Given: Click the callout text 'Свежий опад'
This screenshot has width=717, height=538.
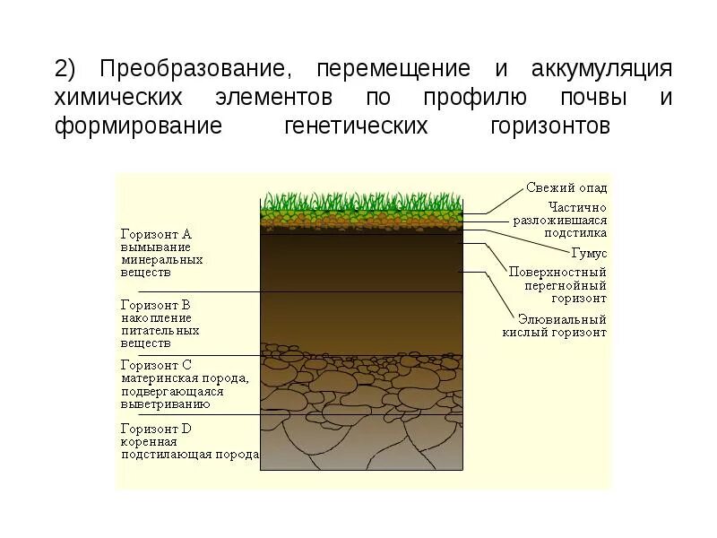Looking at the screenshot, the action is point(566,187).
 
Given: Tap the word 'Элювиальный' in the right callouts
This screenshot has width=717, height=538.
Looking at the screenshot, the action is point(562,319).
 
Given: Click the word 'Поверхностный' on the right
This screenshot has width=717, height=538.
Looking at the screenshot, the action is point(557,272).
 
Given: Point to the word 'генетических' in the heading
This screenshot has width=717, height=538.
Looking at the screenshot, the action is point(355,125).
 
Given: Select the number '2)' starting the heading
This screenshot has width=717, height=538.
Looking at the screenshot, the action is point(67,70).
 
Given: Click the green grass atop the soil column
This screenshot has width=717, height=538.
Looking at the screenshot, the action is point(362,202).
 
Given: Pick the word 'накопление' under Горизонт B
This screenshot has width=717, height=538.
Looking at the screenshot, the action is point(156,317).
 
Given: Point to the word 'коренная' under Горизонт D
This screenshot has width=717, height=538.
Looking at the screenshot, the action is point(149,441).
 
